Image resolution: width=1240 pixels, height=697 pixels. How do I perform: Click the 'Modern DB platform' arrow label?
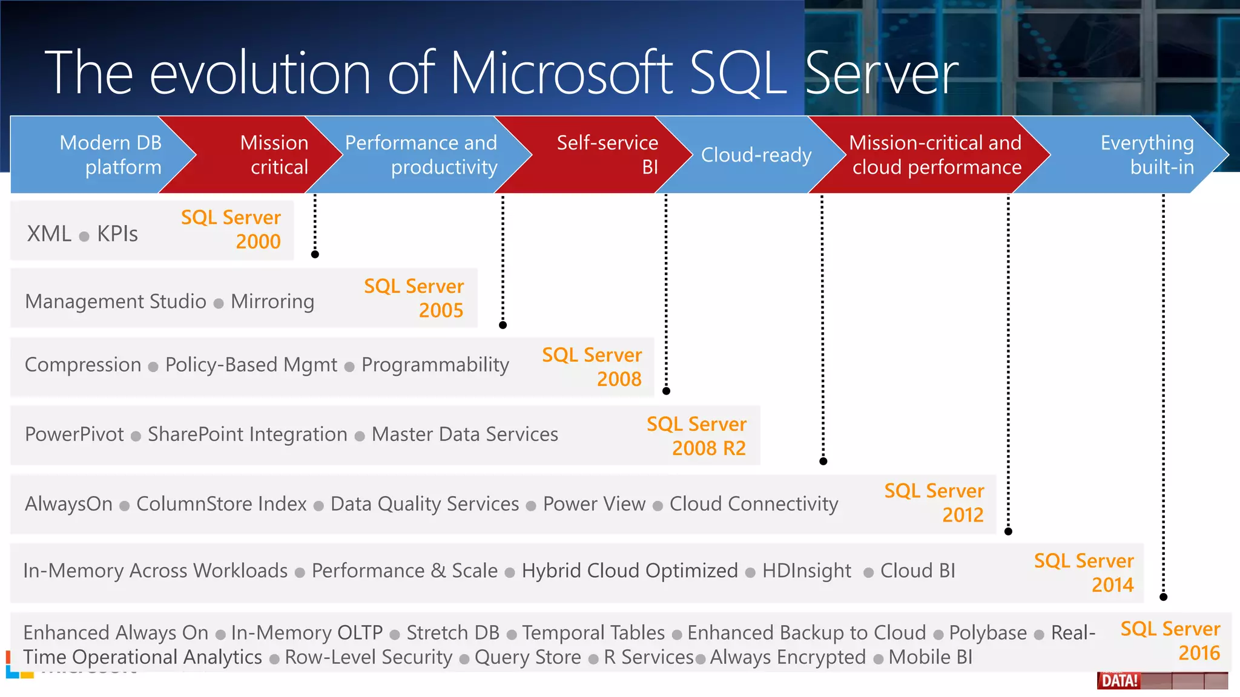point(111,155)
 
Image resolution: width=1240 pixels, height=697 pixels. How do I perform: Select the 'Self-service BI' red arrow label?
point(607,155)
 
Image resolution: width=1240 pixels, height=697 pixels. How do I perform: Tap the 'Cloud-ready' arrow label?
point(756,155)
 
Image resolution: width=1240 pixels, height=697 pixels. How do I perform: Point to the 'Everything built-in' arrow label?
point(1147,155)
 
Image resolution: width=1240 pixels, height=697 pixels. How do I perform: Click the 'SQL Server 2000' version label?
point(231,229)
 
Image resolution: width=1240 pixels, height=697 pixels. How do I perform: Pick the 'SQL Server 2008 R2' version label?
point(696,436)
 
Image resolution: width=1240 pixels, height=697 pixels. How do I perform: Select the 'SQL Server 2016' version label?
point(1170,641)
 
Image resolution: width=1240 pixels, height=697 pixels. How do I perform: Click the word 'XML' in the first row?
point(49,234)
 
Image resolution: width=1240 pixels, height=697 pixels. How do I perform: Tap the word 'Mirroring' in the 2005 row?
point(272,301)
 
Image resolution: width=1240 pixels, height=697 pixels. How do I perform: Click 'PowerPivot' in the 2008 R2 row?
point(74,434)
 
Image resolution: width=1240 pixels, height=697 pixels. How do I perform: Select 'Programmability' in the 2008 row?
point(435,365)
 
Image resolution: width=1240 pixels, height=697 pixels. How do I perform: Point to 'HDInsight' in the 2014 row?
point(806,571)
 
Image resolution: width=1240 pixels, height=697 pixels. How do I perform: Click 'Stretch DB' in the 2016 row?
point(452,633)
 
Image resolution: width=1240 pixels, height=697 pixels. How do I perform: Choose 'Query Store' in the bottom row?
point(527,657)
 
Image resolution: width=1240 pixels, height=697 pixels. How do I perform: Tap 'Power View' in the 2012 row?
point(594,504)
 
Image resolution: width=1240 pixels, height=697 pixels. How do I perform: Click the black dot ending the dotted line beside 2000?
point(315,254)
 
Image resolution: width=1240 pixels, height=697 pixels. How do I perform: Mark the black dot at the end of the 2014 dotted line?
point(1163,597)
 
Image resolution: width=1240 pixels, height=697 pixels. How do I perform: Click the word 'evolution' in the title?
point(260,73)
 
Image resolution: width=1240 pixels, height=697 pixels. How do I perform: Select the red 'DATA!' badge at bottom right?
point(1120,681)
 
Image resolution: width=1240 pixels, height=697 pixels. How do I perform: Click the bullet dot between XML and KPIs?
point(84,237)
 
